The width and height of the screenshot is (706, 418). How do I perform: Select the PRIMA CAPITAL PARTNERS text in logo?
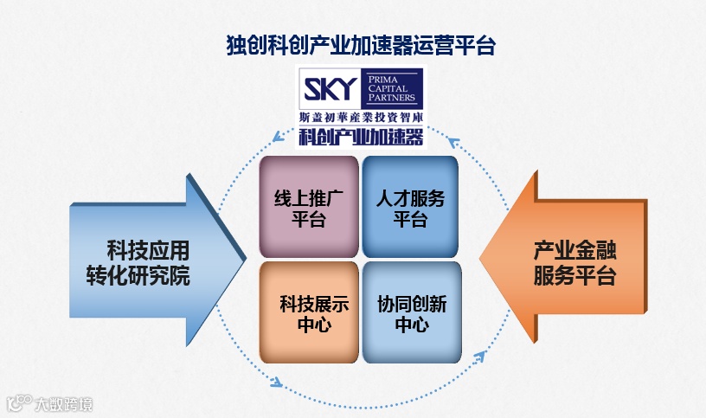click(x=390, y=87)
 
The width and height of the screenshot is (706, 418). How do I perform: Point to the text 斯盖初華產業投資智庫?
click(x=360, y=116)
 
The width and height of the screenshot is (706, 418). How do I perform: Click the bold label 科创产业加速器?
click(x=360, y=136)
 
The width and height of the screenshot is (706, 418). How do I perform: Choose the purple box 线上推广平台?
click(x=309, y=207)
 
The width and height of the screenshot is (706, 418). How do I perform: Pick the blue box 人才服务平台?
click(x=410, y=207)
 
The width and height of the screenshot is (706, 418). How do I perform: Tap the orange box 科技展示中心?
click(x=309, y=312)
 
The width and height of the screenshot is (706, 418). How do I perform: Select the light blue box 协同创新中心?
click(x=411, y=312)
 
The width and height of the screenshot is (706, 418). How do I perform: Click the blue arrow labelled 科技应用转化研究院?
click(x=156, y=260)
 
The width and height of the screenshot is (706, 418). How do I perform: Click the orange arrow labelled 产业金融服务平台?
click(x=562, y=260)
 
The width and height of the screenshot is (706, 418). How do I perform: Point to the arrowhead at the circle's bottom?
click(x=277, y=382)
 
